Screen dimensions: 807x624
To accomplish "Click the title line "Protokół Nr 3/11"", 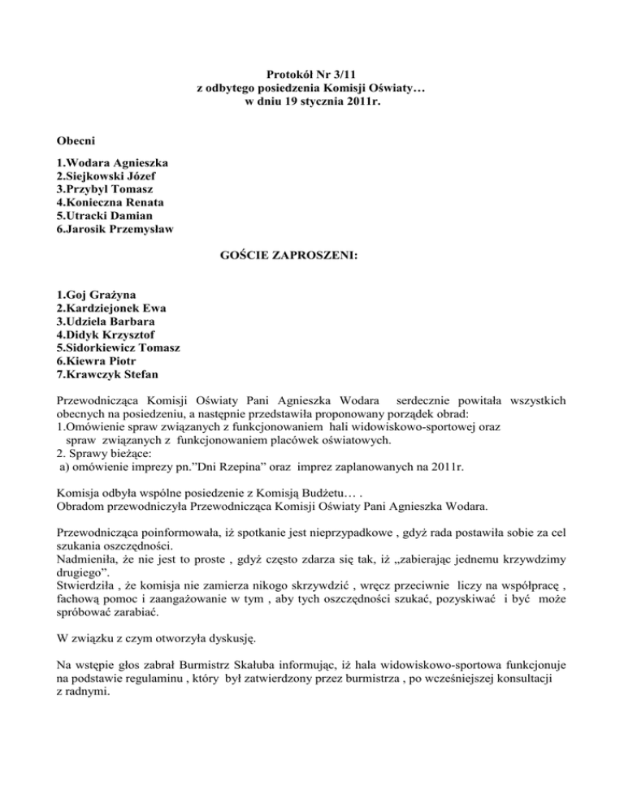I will point(312,74).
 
